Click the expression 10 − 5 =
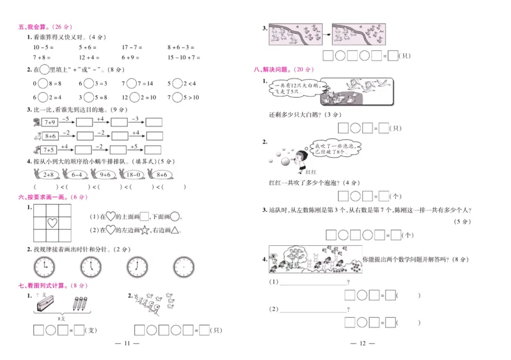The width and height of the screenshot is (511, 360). (43, 47)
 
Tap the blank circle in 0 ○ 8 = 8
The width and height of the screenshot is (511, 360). (43, 84)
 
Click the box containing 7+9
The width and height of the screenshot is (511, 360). (50, 122)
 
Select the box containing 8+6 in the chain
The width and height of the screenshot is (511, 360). (50, 136)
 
